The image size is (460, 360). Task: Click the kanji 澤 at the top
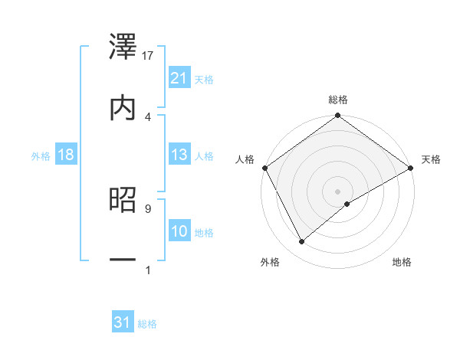[x=123, y=47]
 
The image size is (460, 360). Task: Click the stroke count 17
[x=149, y=55]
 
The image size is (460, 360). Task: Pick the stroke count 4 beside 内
[x=148, y=116]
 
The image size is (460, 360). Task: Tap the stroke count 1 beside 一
[x=147, y=269]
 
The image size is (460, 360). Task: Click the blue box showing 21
[x=179, y=77]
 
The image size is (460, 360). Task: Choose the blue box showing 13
[x=179, y=155]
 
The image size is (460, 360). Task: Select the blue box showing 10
[x=179, y=231]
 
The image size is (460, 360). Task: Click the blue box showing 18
[x=66, y=155]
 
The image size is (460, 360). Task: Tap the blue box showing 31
[x=123, y=322]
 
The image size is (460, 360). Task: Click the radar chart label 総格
[x=338, y=100]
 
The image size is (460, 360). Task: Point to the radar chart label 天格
[x=432, y=159]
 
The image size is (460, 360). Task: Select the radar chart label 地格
[x=402, y=263]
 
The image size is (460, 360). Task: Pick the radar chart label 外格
[x=270, y=263]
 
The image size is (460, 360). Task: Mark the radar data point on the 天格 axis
[x=411, y=167]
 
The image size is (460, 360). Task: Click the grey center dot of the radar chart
[x=338, y=191]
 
